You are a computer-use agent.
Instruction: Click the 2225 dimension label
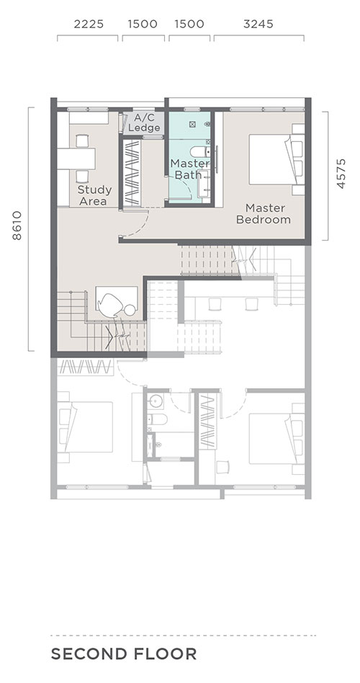click(x=89, y=24)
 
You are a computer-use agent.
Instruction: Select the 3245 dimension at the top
click(x=258, y=24)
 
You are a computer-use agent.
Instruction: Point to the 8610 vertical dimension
click(x=17, y=226)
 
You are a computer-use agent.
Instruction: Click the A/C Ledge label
click(x=144, y=122)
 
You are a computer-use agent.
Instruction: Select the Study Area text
click(x=94, y=195)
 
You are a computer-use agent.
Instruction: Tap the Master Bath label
click(x=189, y=169)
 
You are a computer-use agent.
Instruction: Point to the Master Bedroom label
click(x=264, y=213)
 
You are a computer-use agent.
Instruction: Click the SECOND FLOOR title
click(x=124, y=653)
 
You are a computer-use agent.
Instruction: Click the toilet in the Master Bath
click(x=200, y=151)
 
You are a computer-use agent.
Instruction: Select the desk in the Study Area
click(x=76, y=159)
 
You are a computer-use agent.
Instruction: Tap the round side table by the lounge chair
click(x=130, y=310)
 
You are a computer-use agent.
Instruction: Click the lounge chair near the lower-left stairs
click(x=109, y=305)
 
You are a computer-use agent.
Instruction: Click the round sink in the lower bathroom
click(x=156, y=401)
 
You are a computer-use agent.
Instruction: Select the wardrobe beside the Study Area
click(x=132, y=172)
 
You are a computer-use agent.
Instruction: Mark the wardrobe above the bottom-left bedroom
click(x=86, y=367)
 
